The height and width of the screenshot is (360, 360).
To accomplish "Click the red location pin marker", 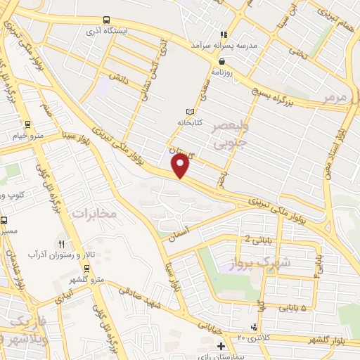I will (181, 166).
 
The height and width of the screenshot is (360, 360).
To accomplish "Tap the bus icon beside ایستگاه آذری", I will (106, 20).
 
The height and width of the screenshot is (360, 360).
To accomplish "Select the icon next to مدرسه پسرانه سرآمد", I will (224, 34).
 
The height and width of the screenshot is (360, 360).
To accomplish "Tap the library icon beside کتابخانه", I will (188, 112).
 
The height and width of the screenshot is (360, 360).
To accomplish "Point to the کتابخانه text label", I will (188, 122).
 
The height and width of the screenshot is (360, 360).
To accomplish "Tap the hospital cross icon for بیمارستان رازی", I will (221, 346).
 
